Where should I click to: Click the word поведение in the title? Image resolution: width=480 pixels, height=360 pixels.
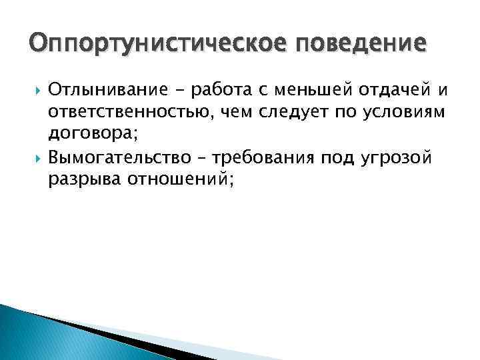[x=357, y=45]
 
